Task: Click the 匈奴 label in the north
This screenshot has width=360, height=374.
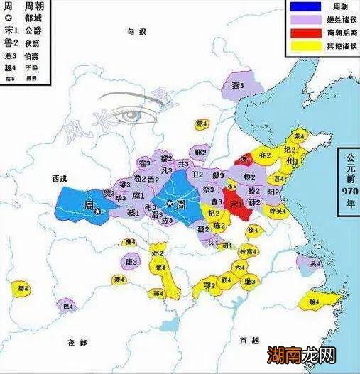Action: click(136, 33)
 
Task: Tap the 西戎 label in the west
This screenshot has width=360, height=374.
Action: click(52, 179)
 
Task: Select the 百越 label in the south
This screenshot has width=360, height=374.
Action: click(249, 341)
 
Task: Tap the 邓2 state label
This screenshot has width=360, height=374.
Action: click(158, 253)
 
